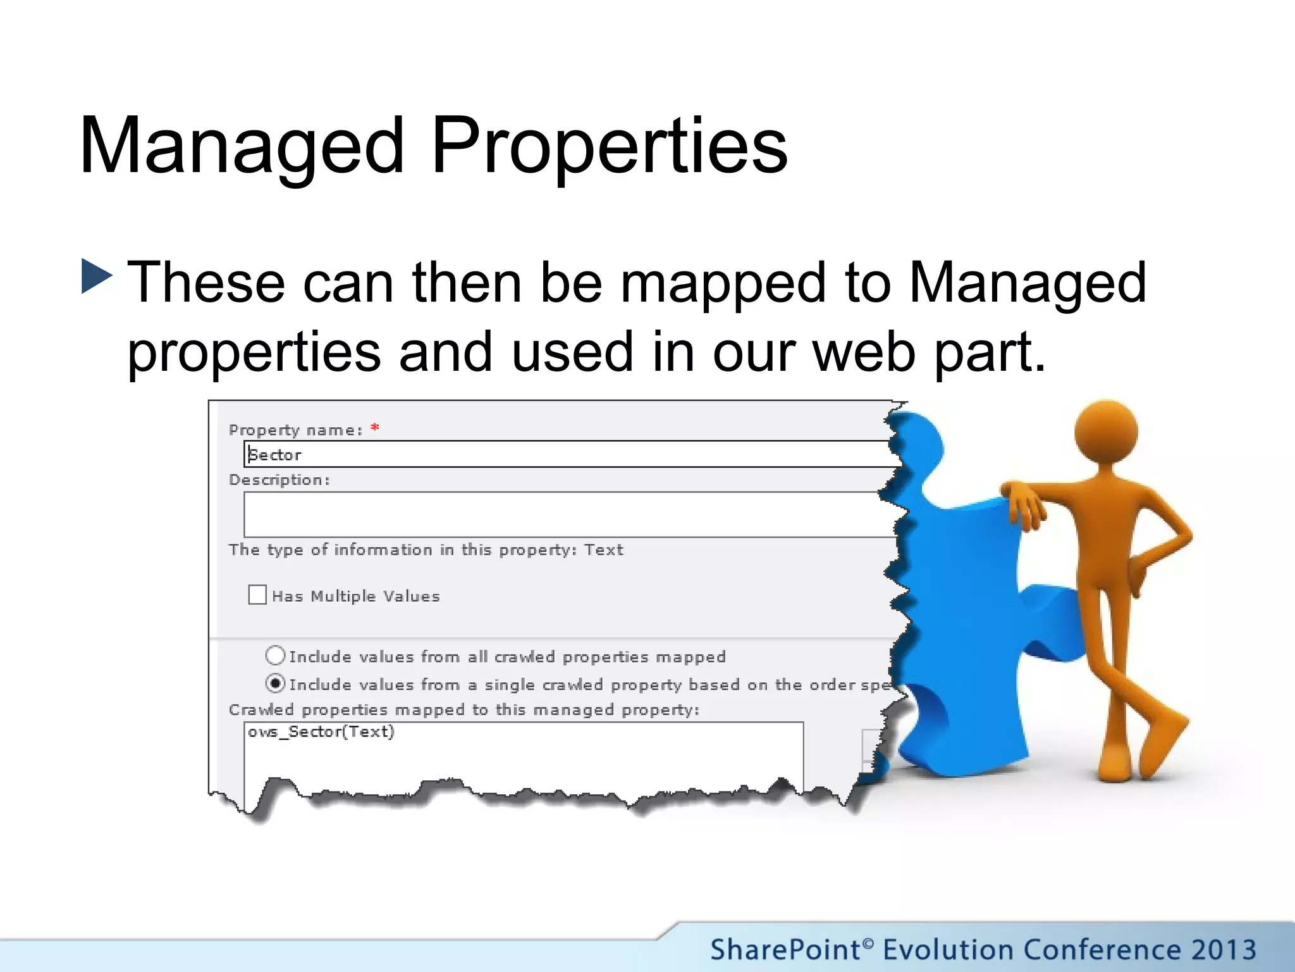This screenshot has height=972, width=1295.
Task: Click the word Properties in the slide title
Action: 610,146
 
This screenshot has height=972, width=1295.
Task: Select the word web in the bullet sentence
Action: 864,351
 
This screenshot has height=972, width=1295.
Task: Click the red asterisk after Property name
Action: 375,428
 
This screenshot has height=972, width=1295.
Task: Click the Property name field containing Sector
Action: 569,454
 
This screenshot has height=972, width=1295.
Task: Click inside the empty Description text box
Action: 569,514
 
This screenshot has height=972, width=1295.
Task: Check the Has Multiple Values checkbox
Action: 257,595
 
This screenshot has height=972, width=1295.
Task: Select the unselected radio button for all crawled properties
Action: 275,656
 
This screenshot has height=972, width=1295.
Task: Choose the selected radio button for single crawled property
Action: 275,683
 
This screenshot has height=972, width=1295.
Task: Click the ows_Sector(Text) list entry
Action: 321,732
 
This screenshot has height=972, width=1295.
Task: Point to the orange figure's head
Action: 1106,433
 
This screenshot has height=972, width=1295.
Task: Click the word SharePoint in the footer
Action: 785,950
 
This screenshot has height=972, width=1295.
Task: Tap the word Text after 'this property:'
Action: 604,550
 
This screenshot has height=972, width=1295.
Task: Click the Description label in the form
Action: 279,480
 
